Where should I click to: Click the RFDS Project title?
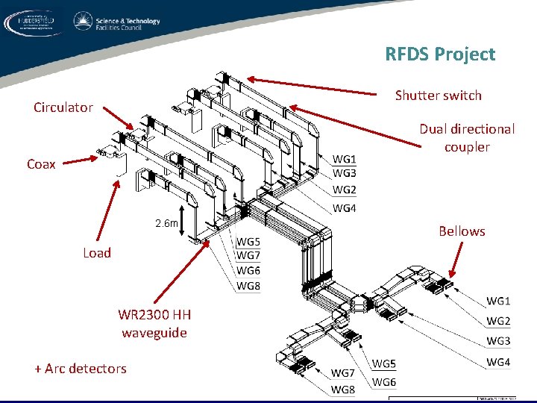pyautogui.click(x=439, y=54)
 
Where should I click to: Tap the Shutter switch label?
pyautogui.click(x=438, y=96)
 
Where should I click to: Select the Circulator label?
pyautogui.click(x=63, y=107)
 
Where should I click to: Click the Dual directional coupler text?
pyautogui.click(x=466, y=138)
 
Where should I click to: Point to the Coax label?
pyautogui.click(x=41, y=164)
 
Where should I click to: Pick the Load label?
pyautogui.click(x=97, y=253)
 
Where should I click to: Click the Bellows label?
pyautogui.click(x=462, y=231)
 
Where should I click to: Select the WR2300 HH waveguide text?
pyautogui.click(x=154, y=324)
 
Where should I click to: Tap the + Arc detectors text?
pyautogui.click(x=80, y=368)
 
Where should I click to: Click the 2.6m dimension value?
pyautogui.click(x=166, y=223)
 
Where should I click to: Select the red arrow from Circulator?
pyautogui.click(x=119, y=117)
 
